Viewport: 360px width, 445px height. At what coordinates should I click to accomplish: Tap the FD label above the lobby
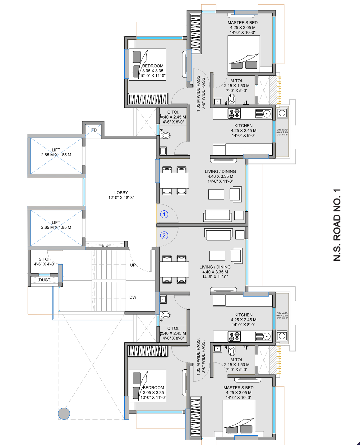click(x=94, y=130)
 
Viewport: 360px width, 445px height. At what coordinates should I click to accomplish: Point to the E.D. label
click(x=105, y=245)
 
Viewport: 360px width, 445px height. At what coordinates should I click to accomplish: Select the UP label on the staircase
click(x=133, y=265)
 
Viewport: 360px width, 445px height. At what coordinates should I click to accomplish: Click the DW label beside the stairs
click(x=133, y=297)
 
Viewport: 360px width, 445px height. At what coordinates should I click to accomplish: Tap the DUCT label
click(x=44, y=280)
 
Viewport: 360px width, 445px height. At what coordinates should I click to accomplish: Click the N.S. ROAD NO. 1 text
click(x=337, y=225)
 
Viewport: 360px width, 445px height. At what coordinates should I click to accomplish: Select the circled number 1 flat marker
click(x=164, y=214)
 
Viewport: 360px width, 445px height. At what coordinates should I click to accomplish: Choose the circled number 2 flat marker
click(x=164, y=235)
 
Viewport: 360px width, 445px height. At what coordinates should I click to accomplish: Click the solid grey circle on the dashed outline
click(x=64, y=414)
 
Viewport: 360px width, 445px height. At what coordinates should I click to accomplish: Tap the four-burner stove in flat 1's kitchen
click(x=234, y=114)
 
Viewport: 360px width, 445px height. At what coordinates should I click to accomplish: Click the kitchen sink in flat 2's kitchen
click(x=263, y=336)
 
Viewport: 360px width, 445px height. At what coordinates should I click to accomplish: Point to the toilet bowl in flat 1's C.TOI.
click(x=165, y=135)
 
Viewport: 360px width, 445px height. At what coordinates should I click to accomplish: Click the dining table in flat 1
click(x=174, y=180)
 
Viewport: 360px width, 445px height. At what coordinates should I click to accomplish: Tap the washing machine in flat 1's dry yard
click(x=282, y=113)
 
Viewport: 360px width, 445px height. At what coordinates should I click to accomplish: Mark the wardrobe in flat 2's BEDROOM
click(x=148, y=351)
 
